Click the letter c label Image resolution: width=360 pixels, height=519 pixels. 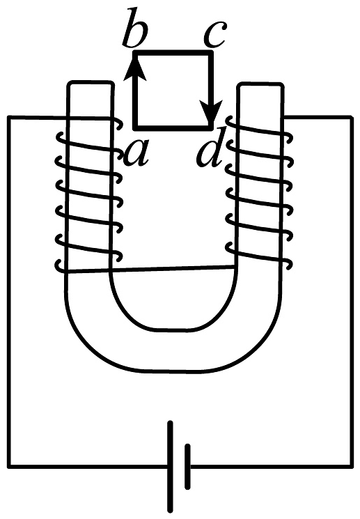click(215, 35)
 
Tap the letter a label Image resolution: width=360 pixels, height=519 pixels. click(136, 153)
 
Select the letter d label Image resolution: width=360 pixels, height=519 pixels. click(210, 150)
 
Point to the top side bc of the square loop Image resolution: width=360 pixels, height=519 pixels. click(173, 53)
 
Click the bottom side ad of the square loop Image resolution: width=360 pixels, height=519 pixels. click(173, 126)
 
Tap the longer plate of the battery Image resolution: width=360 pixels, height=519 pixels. click(170, 466)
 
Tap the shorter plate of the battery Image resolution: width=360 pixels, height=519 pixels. click(187, 466)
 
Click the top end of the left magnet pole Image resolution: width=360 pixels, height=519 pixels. click(91, 83)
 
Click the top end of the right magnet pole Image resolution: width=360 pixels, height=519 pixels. click(261, 84)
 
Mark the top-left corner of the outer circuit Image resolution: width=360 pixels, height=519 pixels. click(9, 117)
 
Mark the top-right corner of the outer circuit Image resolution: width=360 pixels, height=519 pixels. click(352, 117)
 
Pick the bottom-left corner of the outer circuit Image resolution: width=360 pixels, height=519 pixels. click(9, 466)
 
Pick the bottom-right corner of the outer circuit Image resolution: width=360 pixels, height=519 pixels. click(352, 466)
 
